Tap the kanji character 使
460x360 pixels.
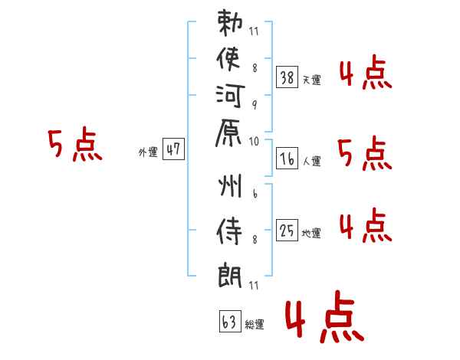[x=230, y=59]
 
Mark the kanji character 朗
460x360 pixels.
[x=230, y=274]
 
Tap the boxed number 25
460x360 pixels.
[x=287, y=229]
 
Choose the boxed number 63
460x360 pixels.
[x=228, y=322]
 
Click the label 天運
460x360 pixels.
[x=311, y=80]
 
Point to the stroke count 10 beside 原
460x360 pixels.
[x=254, y=141]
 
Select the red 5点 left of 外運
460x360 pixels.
[x=75, y=145]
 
